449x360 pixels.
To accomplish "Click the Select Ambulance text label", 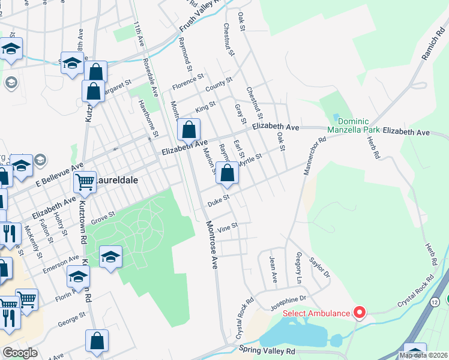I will point(316,313).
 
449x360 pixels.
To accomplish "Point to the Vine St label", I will point(228,227).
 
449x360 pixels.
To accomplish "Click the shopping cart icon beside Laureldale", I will point(85,181).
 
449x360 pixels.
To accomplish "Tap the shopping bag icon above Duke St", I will point(227,173).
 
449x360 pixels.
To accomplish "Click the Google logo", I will point(20,353).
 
